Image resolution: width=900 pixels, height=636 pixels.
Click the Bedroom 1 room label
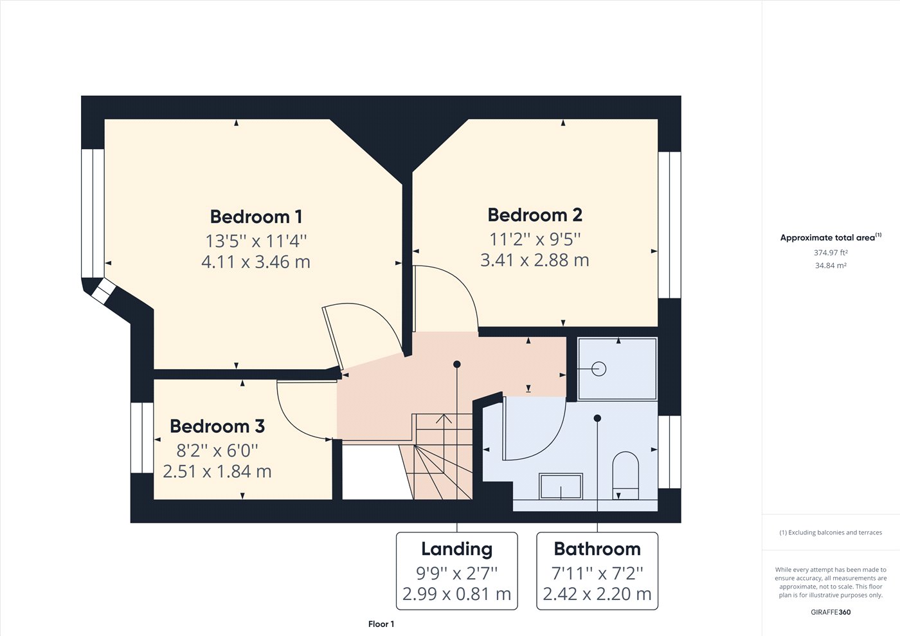coord(256,217)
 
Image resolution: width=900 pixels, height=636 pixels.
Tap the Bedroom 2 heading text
coord(535,215)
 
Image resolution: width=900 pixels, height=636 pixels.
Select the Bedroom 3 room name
coord(217,426)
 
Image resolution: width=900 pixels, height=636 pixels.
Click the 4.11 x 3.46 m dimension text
coord(256,262)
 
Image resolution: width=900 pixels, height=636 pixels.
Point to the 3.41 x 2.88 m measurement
coord(535,260)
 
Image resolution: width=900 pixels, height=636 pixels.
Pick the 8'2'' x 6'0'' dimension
coord(217,450)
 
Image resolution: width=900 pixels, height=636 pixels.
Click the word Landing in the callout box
coord(457,550)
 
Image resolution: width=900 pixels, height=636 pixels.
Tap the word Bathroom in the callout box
coord(597,549)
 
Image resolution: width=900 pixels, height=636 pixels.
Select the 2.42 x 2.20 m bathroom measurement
coord(597,594)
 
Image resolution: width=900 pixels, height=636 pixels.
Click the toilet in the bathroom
coord(625,476)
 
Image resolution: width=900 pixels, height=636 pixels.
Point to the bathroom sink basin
coord(561,486)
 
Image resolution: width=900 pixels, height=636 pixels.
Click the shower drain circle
coord(598,368)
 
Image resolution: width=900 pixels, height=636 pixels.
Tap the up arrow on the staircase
coord(444,419)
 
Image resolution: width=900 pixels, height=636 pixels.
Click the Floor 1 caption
coord(381,624)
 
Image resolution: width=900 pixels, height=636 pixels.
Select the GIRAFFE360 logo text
coord(831,612)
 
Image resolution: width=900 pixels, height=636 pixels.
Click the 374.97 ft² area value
coord(831,253)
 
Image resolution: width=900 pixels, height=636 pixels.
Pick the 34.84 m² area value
coord(831,266)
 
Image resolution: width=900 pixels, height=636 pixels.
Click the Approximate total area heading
coord(831,237)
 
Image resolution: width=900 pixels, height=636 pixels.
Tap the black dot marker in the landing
coord(457,364)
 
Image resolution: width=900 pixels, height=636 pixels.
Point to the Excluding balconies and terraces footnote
coord(831,532)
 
